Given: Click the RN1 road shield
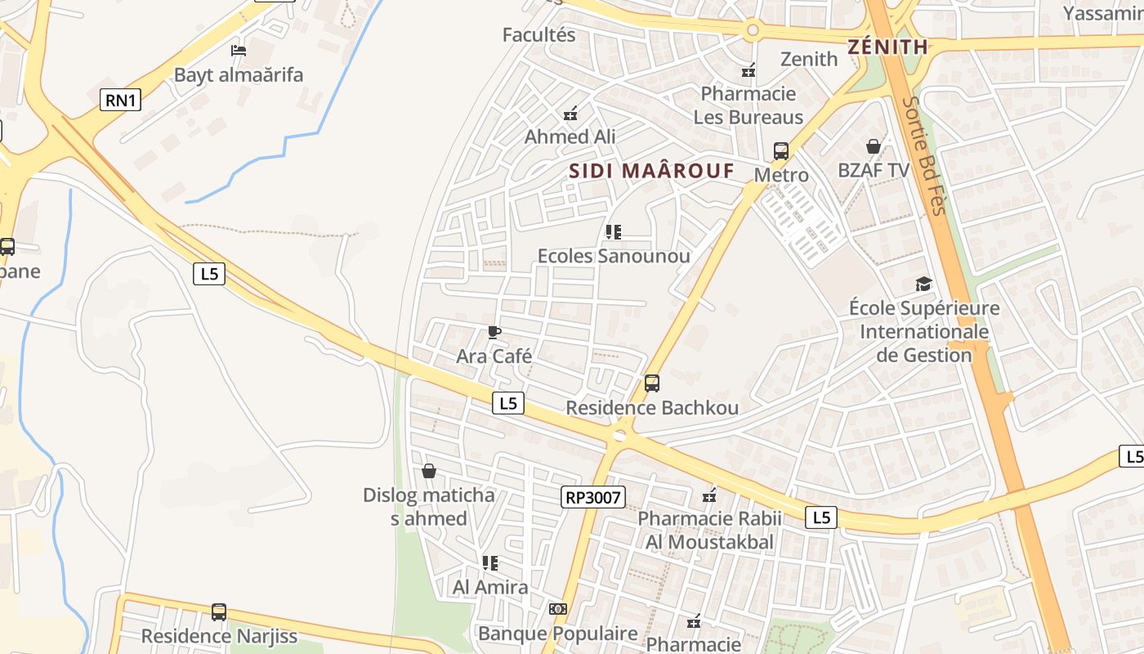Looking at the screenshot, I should pos(121,101).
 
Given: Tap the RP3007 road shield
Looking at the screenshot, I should pos(593,496).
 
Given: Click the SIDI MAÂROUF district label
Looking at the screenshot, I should pos(651,171).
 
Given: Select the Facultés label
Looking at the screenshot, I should pos(538,35).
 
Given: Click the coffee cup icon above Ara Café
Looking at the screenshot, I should pos(494,332).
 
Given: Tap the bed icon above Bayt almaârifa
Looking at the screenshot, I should pos(238,51).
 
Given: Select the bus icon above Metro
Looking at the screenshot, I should pos(781,151).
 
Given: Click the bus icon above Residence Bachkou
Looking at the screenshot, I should pos(651,383).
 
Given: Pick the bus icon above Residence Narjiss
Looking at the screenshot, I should pos(219,611).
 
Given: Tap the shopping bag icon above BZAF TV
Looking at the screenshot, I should pos(874,146).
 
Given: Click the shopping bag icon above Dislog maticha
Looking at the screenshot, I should pos(428,471).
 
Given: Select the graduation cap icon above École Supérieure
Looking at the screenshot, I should pos(923,284).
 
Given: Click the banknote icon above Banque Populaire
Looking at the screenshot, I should pos(558,609).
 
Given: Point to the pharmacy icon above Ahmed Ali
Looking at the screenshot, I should pos(570,113).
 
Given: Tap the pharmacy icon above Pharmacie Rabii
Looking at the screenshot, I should pos(709,495).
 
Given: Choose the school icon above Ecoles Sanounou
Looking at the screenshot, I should pos(614,232).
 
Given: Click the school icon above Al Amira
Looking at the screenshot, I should pos(490,563).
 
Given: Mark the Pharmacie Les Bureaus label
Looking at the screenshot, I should pos(748,105).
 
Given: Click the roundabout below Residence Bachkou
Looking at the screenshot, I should pos(620,436).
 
